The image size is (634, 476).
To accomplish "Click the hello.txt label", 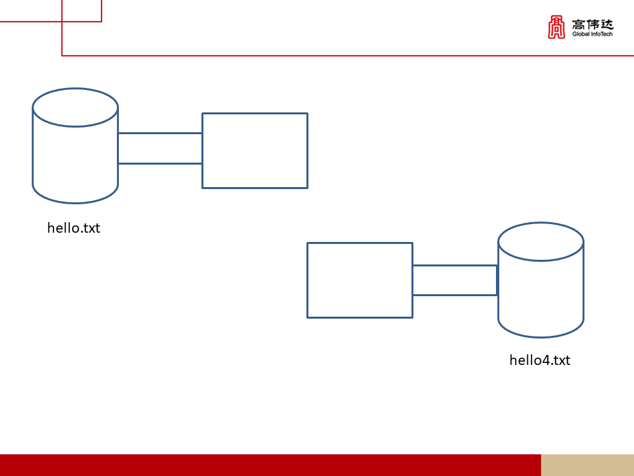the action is coord(73,228).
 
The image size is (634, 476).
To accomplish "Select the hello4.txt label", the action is coord(540,360).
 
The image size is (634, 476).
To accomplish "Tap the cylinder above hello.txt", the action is coord(75,145).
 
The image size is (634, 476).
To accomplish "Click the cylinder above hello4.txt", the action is coord(541,280).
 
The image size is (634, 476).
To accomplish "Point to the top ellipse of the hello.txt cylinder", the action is coord(75,107).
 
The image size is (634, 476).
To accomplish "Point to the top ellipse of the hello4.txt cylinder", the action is coord(541,242).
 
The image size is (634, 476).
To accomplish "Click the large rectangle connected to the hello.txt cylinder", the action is coord(255,151).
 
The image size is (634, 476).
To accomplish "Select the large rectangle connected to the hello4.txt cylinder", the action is coord(360,280).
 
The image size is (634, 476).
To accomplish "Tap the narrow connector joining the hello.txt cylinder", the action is coord(160,148).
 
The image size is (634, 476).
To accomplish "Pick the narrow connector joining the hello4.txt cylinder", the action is coord(455,280).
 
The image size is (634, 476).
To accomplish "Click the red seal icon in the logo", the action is coord(556,27).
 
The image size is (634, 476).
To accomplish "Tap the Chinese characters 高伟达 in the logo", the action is coord(593,24).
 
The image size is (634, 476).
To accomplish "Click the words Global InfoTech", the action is coord(592,34).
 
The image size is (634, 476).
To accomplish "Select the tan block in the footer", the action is coord(588,465).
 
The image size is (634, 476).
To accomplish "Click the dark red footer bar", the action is coord(271,465).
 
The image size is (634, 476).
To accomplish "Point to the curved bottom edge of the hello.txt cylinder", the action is coord(75,194).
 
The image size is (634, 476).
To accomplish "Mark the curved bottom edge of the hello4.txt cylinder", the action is coord(541,328).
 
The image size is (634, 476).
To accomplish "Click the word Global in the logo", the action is coord(581,34).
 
